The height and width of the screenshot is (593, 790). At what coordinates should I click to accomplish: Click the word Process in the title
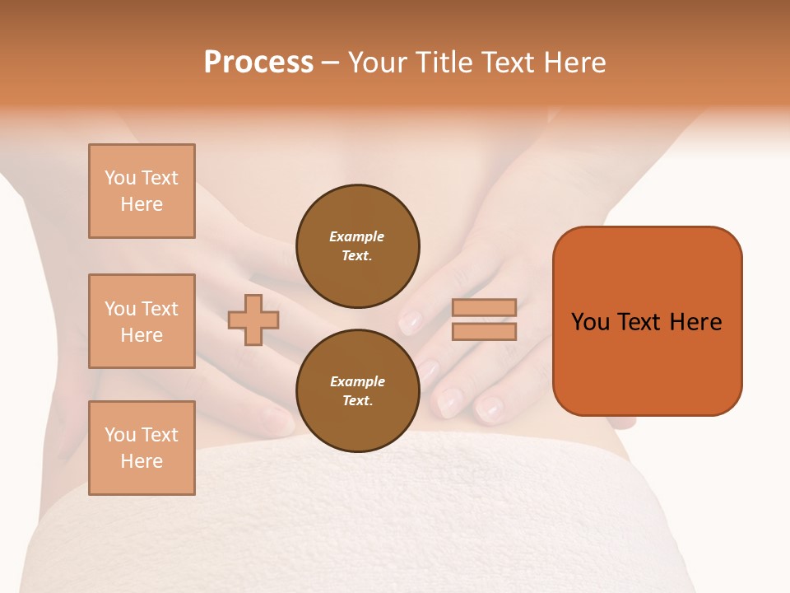pos(258,63)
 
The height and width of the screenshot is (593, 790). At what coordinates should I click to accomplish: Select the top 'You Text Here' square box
pos(142,191)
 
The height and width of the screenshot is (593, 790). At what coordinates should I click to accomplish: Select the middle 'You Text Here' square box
pos(142,321)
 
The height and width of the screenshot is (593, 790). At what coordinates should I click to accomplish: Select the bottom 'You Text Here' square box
pos(142,448)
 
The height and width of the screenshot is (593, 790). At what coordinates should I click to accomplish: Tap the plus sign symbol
pos(253,320)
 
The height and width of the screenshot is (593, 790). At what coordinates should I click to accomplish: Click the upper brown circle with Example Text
pos(358,246)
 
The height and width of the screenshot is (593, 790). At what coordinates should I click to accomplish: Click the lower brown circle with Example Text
pos(358,391)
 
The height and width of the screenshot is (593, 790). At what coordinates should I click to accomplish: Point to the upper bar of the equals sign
pos(485,307)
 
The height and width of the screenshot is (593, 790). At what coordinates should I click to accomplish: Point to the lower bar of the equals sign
pos(485,331)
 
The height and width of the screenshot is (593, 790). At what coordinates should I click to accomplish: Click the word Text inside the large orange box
pos(639,322)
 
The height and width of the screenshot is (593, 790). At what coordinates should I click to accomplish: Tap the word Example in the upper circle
pos(356,236)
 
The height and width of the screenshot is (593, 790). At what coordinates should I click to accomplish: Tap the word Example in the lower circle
pos(357,381)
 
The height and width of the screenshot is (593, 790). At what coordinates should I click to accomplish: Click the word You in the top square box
pos(120,178)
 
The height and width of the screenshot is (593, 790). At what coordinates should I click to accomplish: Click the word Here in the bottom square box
pos(142,461)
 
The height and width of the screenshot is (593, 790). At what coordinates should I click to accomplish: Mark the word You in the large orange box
pos(590,322)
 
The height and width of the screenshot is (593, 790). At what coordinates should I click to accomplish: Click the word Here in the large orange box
pos(695,322)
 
